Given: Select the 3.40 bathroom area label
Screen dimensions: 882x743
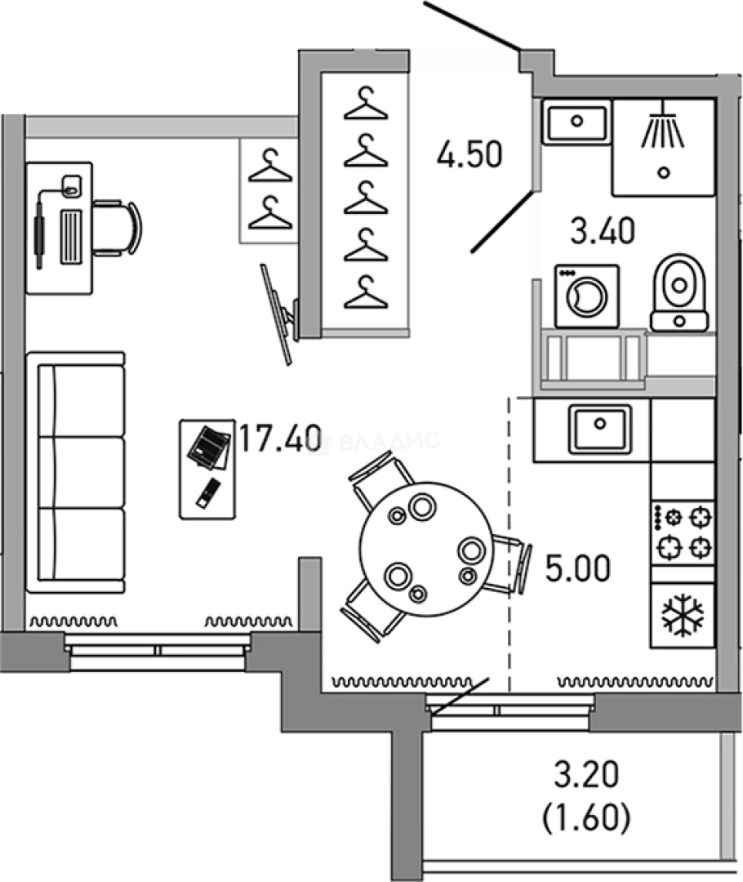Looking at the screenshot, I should pyautogui.click(x=602, y=233).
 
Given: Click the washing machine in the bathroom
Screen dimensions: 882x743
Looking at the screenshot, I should pyautogui.click(x=586, y=296).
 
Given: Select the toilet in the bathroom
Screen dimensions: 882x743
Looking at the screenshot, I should pyautogui.click(x=679, y=291).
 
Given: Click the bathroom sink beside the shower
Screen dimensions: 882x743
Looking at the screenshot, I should pyautogui.click(x=576, y=122).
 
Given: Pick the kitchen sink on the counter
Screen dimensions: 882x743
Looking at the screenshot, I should pyautogui.click(x=600, y=428).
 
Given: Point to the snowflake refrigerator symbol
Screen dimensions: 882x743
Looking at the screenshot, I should pyautogui.click(x=683, y=615).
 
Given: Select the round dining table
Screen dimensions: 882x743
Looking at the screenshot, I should pyautogui.click(x=427, y=549).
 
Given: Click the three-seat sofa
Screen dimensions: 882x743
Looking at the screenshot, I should pyautogui.click(x=75, y=471).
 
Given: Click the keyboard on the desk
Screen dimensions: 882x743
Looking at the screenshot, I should pyautogui.click(x=72, y=236).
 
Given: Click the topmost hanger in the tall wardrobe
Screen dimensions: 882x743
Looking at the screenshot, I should pyautogui.click(x=365, y=104).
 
